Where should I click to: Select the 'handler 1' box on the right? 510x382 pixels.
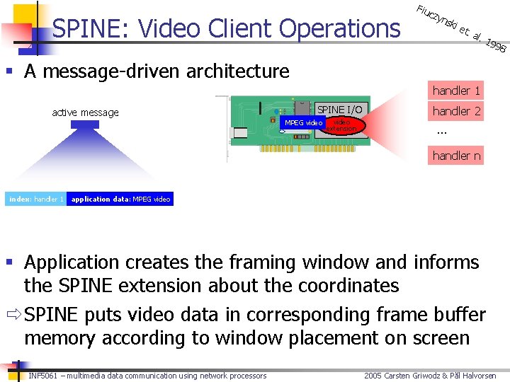(x=456, y=90)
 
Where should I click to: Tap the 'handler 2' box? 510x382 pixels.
(x=456, y=111)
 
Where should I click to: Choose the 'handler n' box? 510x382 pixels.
(x=456, y=156)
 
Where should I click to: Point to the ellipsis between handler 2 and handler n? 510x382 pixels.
(x=442, y=132)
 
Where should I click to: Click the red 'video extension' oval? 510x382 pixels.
(x=341, y=125)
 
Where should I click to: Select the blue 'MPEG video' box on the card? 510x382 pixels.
(x=303, y=123)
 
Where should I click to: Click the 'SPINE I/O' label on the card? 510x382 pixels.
(x=339, y=110)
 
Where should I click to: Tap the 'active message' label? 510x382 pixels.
(x=85, y=112)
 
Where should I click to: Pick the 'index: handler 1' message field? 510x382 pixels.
(x=36, y=199)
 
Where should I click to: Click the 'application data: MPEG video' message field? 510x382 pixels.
(x=120, y=199)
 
